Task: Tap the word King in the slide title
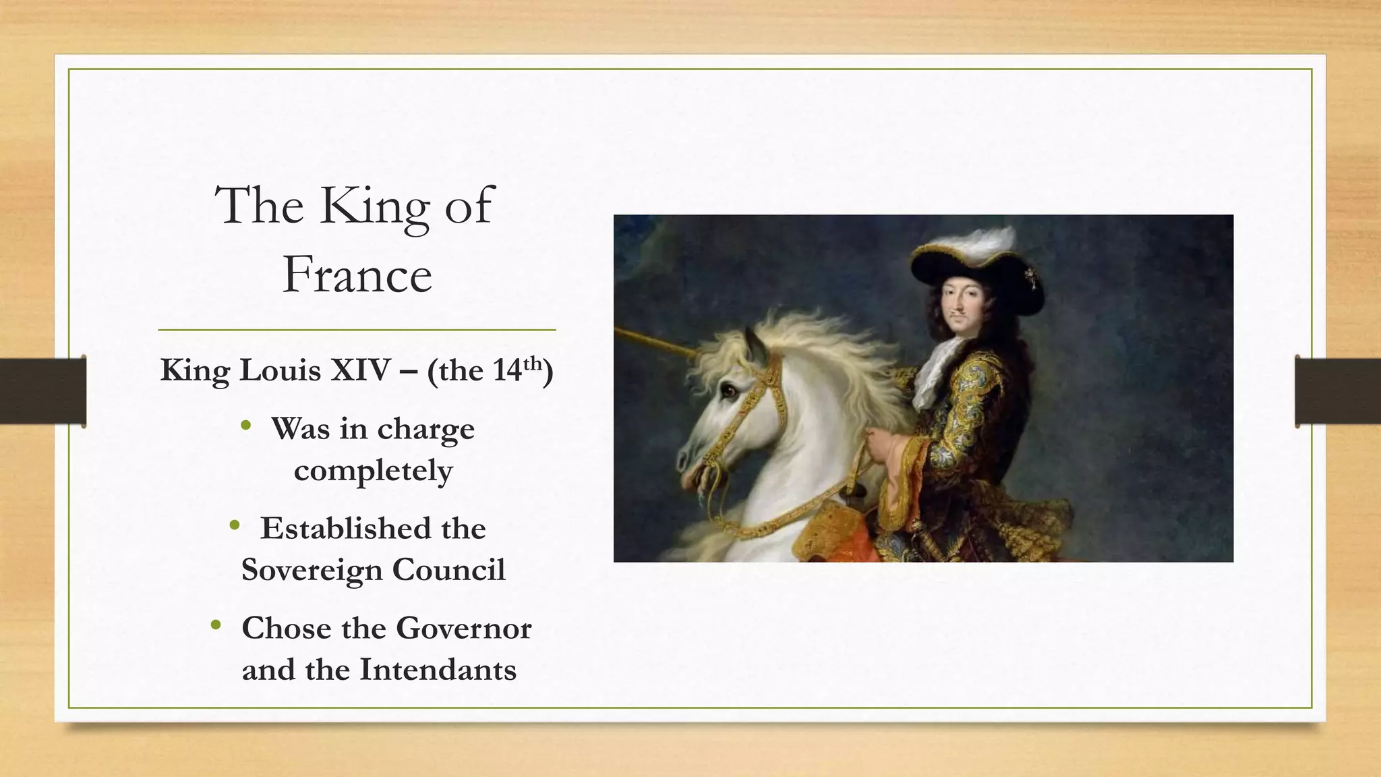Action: coord(374,206)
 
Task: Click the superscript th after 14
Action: coord(533,364)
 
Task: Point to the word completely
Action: coord(373,471)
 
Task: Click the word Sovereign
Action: coord(312,570)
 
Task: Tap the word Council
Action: coord(448,570)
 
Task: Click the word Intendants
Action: coord(438,670)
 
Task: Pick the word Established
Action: coord(345,528)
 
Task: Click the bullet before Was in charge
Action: coord(246,425)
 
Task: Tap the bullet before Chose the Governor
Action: coord(216,625)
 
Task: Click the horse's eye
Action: coord(728,390)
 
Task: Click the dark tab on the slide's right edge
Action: coord(1337,391)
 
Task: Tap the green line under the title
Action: coord(357,330)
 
